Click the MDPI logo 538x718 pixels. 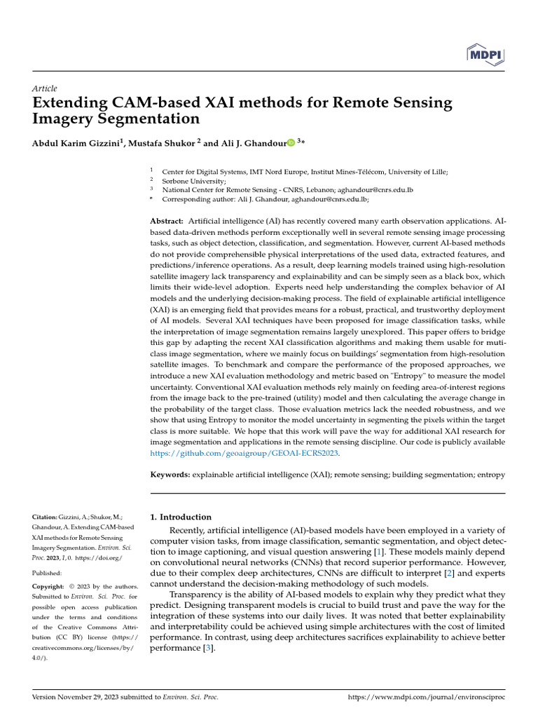click(x=486, y=54)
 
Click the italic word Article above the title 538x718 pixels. click(x=44, y=88)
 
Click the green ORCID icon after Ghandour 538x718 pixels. click(x=291, y=143)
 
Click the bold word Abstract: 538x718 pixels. click(x=167, y=221)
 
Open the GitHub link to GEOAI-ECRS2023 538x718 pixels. click(x=244, y=454)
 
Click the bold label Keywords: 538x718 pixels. click(x=170, y=475)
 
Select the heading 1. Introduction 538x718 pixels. click(x=181, y=517)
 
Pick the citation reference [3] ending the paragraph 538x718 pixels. click(x=208, y=649)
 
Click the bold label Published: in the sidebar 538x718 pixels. click(x=49, y=571)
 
